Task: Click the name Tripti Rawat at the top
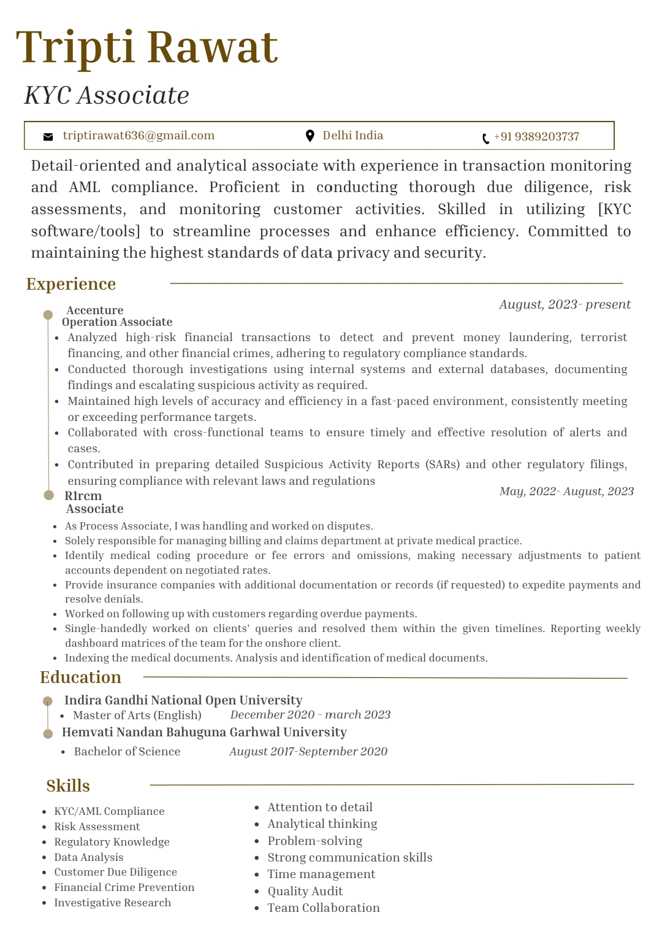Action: click(x=147, y=47)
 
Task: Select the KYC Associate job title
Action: click(x=107, y=96)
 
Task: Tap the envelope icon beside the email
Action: click(x=48, y=137)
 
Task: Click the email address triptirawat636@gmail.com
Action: click(x=139, y=136)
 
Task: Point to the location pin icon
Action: click(x=310, y=136)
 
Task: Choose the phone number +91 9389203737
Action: click(x=536, y=137)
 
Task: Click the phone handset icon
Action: click(x=485, y=139)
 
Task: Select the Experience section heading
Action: click(x=71, y=284)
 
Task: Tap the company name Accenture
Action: click(x=95, y=310)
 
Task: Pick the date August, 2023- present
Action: click(x=565, y=304)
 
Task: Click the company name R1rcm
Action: click(x=83, y=496)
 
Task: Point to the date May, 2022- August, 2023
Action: click(x=566, y=492)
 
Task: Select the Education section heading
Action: click(x=80, y=677)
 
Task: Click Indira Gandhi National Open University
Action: click(x=183, y=700)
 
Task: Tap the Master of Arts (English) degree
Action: click(x=137, y=715)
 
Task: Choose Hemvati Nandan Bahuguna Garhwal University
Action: click(x=204, y=732)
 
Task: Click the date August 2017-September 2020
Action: click(x=308, y=752)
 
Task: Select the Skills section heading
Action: click(x=68, y=786)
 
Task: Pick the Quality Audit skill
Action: click(x=305, y=891)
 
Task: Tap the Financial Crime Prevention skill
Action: click(x=124, y=887)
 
